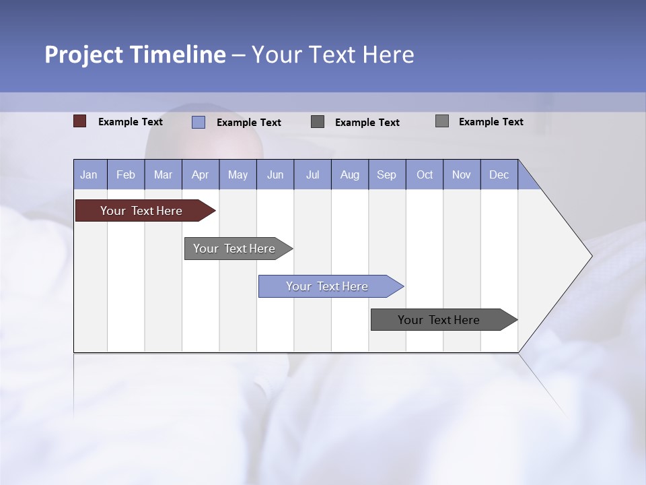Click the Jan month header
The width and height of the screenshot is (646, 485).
[89, 174]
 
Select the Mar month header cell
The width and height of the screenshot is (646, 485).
[163, 174]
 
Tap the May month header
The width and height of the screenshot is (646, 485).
[238, 174]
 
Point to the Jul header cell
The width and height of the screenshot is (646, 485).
[312, 174]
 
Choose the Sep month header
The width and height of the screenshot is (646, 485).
[387, 174]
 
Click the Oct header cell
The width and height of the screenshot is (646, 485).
[425, 174]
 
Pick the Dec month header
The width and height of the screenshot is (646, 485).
[499, 174]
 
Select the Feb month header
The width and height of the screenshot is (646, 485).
[126, 174]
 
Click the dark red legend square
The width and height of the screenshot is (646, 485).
[80, 121]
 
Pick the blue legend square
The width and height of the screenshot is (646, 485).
[199, 122]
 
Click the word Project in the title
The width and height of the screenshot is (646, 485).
[85, 55]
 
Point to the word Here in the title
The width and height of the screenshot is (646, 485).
[388, 55]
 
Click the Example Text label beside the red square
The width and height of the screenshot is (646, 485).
[131, 122]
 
